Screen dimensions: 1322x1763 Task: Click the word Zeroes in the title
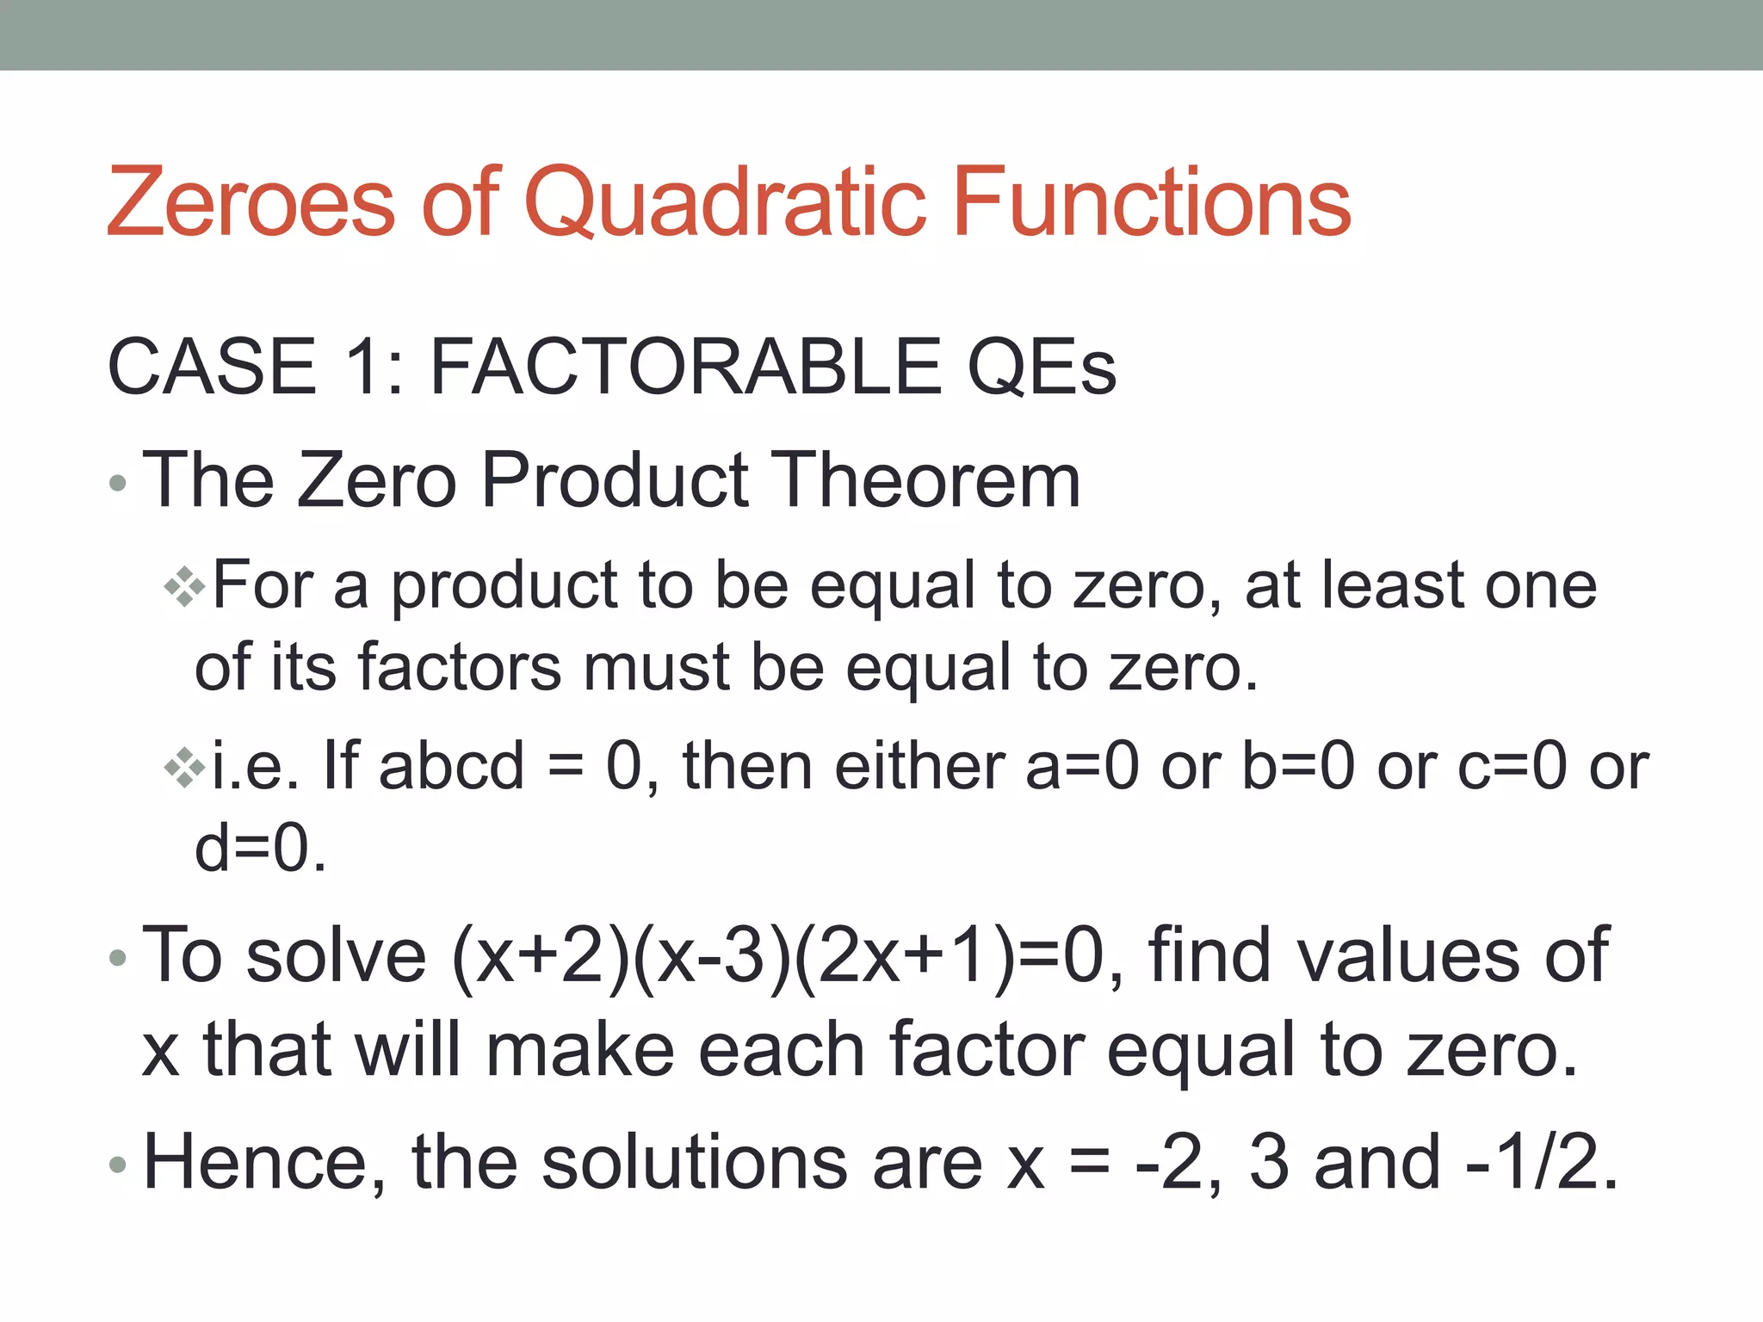pyautogui.click(x=251, y=203)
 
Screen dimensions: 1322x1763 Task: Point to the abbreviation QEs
pyautogui.click(x=1042, y=368)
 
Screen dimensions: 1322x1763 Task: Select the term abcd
pyautogui.click(x=451, y=766)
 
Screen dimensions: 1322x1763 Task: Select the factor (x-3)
pyautogui.click(x=711, y=957)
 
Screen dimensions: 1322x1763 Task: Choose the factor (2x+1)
pyautogui.click(x=904, y=957)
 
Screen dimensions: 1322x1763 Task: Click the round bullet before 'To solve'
pyautogui.click(x=119, y=958)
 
